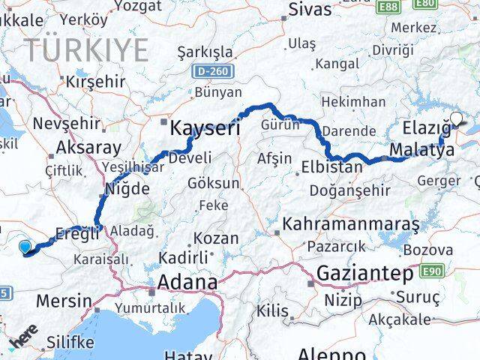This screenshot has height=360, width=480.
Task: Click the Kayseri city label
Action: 205,127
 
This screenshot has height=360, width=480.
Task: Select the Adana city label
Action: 184,283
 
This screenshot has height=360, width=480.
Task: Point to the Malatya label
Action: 422,151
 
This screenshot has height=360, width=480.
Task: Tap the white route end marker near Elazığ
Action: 457,118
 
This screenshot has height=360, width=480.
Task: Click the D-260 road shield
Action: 214,72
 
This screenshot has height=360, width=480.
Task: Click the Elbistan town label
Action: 331,166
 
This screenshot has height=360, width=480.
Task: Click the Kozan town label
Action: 216,238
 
